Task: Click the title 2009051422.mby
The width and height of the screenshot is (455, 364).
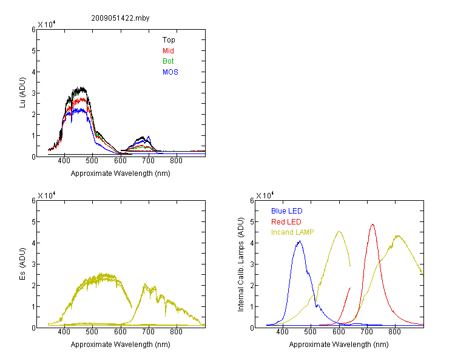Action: (x=120, y=18)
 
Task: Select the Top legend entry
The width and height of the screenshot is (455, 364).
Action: (x=169, y=40)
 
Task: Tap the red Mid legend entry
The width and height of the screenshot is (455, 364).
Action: (x=168, y=51)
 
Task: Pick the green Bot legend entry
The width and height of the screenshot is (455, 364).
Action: (x=168, y=61)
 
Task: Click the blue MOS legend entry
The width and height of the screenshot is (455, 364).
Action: (x=170, y=72)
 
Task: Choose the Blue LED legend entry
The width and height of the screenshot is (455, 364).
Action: (x=287, y=211)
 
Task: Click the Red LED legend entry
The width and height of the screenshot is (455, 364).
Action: (x=286, y=222)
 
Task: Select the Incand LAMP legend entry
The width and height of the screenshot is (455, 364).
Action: (x=292, y=232)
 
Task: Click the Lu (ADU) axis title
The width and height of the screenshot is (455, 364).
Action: (x=22, y=93)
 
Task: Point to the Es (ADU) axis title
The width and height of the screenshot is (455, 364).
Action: (x=22, y=264)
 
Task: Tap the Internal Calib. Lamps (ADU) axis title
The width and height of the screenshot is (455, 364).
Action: (x=241, y=265)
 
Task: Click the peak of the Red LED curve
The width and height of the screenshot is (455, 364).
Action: (x=372, y=224)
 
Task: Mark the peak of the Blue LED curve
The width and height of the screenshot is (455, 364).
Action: (x=300, y=241)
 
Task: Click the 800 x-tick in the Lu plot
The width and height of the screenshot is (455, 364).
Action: (x=176, y=161)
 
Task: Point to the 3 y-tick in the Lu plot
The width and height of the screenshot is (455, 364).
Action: (x=33, y=93)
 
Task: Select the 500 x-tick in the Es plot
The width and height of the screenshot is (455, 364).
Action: (x=92, y=332)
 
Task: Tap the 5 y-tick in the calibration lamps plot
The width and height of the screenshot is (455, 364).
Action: (x=252, y=222)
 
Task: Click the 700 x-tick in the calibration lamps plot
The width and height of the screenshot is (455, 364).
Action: (x=367, y=332)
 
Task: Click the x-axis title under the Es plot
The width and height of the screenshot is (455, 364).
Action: (x=120, y=345)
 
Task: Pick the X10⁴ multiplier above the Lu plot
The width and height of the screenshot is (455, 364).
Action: (x=47, y=24)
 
